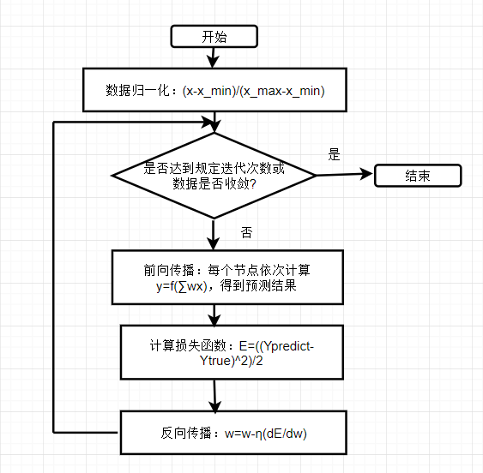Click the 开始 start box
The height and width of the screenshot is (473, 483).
point(214,36)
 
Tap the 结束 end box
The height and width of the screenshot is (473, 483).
point(418,176)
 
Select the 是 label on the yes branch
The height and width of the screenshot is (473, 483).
point(334,154)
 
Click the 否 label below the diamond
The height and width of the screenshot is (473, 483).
point(246,233)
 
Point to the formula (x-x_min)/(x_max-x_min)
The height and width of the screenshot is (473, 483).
point(254,91)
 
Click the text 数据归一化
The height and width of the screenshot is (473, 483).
point(137,91)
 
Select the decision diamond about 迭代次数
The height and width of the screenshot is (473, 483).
point(214,176)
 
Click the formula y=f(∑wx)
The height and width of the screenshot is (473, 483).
point(181,286)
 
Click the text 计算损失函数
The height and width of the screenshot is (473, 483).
point(188,346)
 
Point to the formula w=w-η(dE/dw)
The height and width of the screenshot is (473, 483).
point(266,434)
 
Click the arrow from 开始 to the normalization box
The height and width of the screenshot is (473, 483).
point(213,57)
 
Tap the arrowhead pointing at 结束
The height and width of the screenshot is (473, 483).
point(366,174)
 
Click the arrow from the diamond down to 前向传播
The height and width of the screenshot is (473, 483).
point(213,235)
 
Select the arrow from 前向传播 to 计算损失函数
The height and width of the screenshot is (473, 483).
point(214,315)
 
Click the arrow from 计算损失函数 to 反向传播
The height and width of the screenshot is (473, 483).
point(214,396)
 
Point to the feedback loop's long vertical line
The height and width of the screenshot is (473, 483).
point(54,278)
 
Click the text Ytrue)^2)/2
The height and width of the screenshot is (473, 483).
point(232,361)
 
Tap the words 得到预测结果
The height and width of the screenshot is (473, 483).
point(258,286)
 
